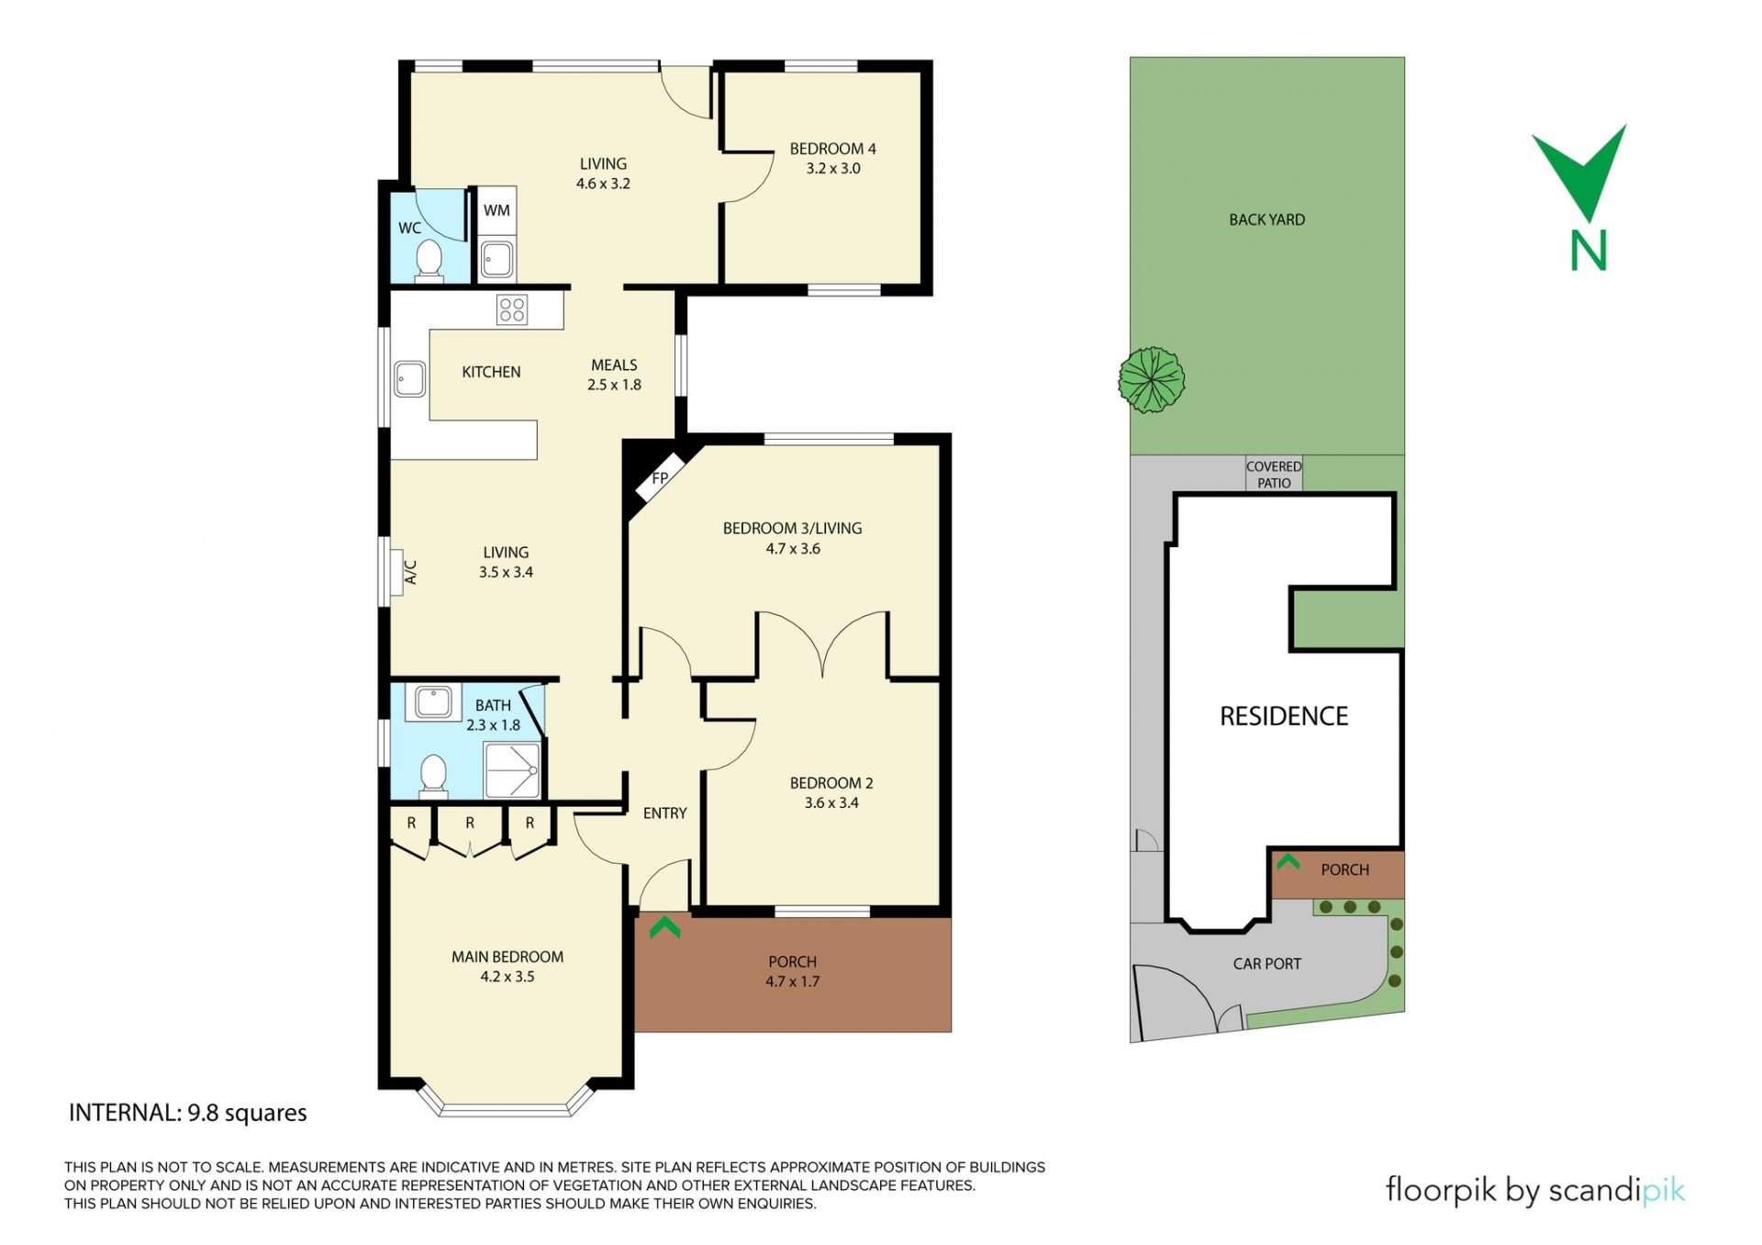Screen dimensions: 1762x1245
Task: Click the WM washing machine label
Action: (496, 210)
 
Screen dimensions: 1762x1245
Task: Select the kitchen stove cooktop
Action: (512, 309)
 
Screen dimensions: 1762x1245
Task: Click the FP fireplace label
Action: (660, 478)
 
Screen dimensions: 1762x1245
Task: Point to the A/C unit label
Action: (411, 572)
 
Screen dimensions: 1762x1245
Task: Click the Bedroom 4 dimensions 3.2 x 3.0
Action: (833, 169)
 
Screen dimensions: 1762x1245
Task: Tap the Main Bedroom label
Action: (507, 957)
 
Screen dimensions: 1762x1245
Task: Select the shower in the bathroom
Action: (512, 770)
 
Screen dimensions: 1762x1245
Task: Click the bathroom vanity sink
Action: (432, 702)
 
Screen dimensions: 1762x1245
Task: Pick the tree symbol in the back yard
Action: (1152, 379)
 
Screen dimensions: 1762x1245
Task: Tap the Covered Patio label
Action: (1274, 475)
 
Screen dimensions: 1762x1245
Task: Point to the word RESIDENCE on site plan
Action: (1284, 716)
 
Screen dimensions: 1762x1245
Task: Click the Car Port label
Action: (1267, 964)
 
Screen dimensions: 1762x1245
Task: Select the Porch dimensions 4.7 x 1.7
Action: (793, 981)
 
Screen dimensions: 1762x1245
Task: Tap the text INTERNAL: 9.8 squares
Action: (188, 1113)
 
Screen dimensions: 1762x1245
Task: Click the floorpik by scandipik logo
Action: (1535, 1191)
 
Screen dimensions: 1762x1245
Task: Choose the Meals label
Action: (614, 365)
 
